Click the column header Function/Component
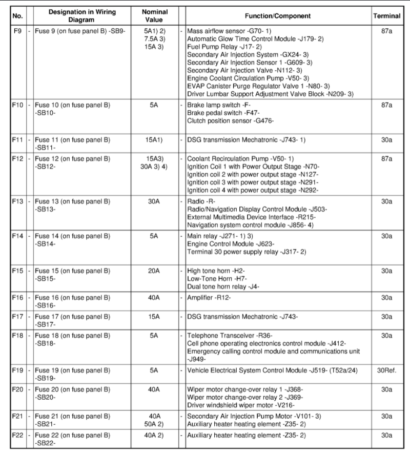[278, 16]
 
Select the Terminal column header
[386, 16]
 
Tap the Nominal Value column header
[154, 16]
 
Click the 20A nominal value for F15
[154, 271]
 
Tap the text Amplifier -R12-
[209, 297]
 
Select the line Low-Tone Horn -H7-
[215, 279]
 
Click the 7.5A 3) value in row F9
[154, 39]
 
